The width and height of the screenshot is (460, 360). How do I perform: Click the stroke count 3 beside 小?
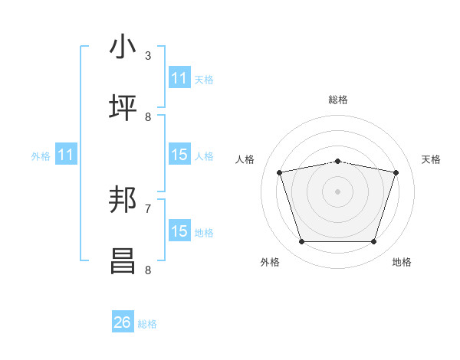point(148,56)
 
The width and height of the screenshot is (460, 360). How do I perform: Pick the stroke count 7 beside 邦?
point(148,208)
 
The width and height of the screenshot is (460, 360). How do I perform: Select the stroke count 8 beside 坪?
point(148,116)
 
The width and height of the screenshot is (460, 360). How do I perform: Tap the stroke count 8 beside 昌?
point(148,270)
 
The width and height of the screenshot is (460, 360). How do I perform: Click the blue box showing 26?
point(123,322)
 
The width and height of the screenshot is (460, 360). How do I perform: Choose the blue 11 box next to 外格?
point(66,155)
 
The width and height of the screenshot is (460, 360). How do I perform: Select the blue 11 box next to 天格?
point(179,78)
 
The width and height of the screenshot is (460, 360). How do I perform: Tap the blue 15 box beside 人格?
point(179,155)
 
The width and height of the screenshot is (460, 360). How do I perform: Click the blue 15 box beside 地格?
point(179,231)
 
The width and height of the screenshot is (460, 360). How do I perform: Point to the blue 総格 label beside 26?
point(147,324)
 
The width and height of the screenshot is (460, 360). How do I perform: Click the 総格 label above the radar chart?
point(337,100)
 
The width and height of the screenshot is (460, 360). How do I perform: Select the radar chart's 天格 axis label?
point(431,159)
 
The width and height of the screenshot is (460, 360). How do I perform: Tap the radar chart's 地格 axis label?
point(402,262)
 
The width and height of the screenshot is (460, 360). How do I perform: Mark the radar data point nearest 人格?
point(280,173)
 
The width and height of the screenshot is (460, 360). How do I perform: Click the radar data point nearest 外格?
point(301,242)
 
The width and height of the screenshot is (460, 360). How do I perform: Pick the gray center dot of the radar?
point(337,191)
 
